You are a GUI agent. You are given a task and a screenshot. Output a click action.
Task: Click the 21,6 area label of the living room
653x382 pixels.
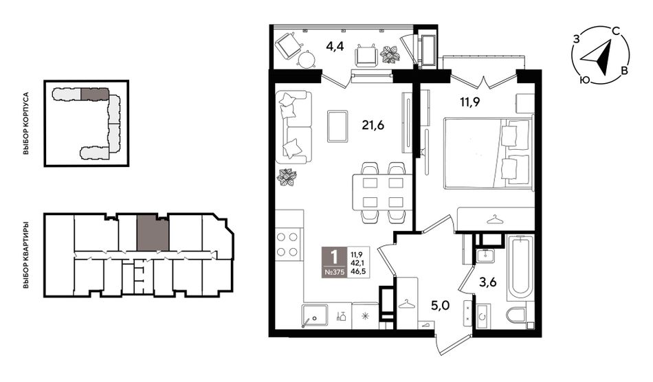click(373, 124)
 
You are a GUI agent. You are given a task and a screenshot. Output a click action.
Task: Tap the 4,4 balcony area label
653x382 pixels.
click(335, 46)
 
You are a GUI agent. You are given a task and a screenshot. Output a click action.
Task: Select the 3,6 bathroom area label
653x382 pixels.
click(487, 283)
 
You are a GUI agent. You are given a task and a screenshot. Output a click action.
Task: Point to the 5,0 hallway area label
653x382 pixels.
click(440, 306)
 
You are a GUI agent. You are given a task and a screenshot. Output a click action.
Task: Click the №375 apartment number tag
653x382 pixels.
click(333, 273)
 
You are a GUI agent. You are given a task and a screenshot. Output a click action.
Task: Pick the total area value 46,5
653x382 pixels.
click(357, 271)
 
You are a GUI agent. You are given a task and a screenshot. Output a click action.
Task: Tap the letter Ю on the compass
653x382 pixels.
click(585, 80)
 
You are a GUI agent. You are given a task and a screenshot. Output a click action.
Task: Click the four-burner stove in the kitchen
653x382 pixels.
click(288, 245)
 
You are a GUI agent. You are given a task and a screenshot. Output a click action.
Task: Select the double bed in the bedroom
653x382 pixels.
click(488, 154)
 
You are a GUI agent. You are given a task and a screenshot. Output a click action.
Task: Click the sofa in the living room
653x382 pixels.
click(294, 127)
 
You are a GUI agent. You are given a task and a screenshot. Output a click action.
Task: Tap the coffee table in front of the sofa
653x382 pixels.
click(337, 126)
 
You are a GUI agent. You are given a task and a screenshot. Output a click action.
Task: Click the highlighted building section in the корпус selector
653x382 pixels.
click(95, 94)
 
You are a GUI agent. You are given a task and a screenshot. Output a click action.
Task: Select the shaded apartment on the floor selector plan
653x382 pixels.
click(153, 233)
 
